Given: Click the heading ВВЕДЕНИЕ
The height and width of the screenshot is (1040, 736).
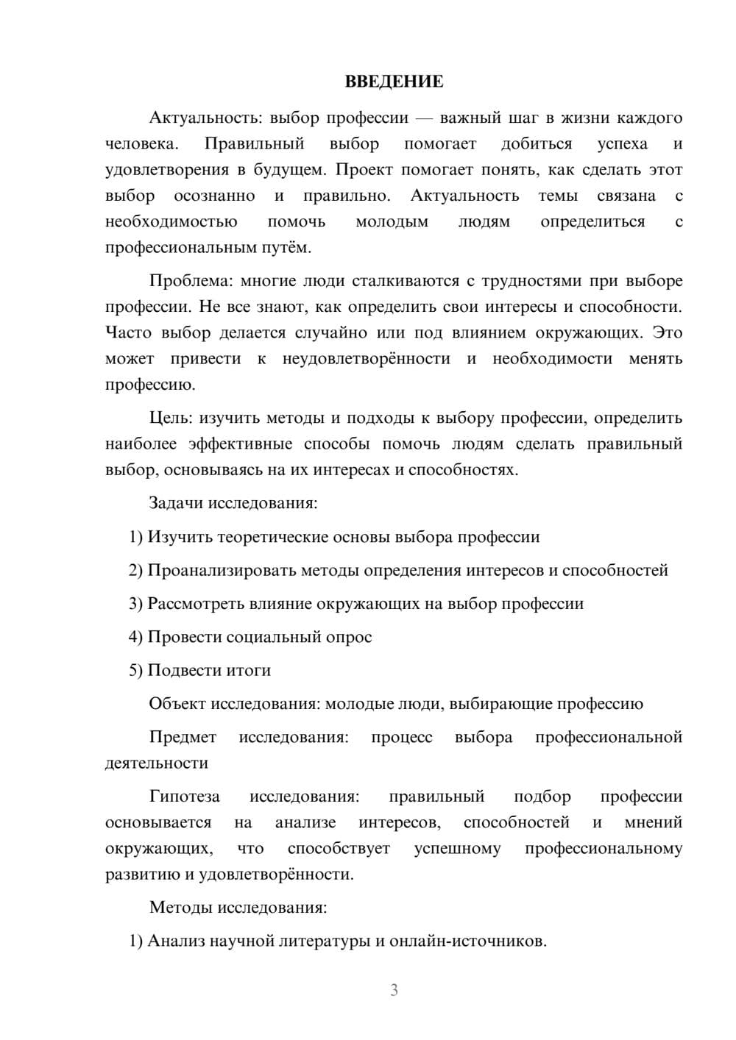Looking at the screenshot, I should point(394,82).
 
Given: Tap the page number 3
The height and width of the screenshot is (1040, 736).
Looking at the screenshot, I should point(394,990).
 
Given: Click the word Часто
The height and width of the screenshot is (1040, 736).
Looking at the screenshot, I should point(129,332).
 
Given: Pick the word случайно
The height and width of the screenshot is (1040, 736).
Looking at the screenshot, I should point(331,332).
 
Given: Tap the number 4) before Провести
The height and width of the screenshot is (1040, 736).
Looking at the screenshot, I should point(135,637).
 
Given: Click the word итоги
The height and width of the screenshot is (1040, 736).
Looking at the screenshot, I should point(250,670).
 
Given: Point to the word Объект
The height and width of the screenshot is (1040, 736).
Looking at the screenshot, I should point(177,704).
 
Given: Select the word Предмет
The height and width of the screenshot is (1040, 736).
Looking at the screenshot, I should point(183,737).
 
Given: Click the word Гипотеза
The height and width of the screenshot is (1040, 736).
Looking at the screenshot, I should point(184,797).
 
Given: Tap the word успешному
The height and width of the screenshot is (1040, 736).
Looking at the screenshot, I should point(457,848).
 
